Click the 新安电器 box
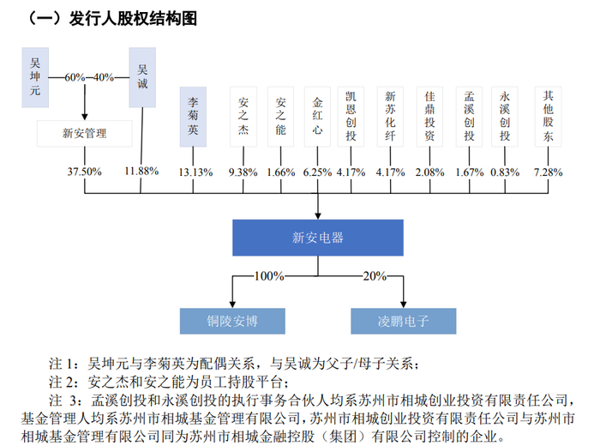318,237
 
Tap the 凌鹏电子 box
403,322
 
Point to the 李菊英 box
195,116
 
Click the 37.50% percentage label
84,172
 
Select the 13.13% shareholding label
195,172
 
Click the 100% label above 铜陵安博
267,276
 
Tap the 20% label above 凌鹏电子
375,276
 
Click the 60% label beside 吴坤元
74,76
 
